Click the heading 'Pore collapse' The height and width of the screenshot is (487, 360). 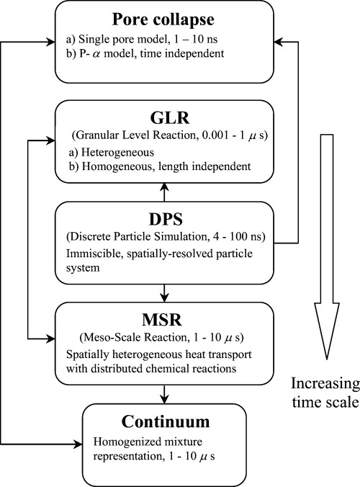[165, 19]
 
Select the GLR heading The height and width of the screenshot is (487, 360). [165, 116]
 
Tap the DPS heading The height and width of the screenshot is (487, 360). [165, 220]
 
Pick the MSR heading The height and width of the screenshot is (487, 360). [165, 318]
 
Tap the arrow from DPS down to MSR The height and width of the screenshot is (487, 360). [165, 290]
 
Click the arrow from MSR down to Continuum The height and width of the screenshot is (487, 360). [165, 392]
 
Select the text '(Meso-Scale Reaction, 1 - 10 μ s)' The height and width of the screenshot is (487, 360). [165, 339]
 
